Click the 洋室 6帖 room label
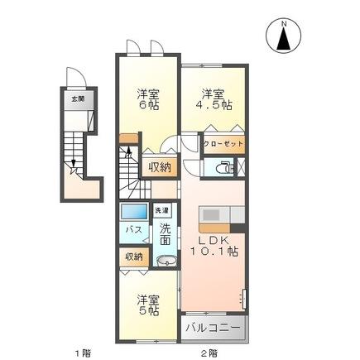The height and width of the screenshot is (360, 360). (x=147, y=100)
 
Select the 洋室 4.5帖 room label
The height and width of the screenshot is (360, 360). (x=213, y=99)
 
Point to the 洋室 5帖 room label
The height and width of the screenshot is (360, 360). (x=147, y=304)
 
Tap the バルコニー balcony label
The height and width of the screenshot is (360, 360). (x=214, y=327)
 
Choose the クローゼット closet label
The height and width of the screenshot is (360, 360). (x=223, y=143)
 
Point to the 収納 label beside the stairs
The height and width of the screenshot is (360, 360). (x=160, y=167)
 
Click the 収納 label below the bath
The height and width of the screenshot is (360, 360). (x=132, y=257)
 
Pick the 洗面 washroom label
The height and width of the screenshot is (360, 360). (x=165, y=234)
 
